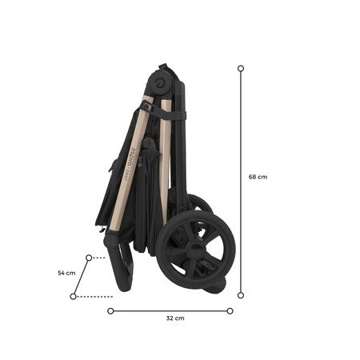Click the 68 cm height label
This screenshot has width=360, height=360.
click(258, 177)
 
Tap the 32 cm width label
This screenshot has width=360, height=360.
click(174, 318)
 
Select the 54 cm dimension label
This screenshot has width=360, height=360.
click(66, 273)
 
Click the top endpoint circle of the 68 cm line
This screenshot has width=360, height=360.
click(241, 69)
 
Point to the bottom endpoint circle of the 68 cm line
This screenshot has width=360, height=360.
click(241, 294)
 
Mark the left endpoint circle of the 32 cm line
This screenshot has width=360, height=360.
click(110, 310)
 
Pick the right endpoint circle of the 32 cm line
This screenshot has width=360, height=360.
click(230, 310)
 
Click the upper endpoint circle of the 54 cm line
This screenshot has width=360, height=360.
click(88, 258)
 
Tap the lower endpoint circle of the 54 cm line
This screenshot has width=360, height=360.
click(73, 297)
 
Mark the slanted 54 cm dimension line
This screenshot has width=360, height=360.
click(80, 278)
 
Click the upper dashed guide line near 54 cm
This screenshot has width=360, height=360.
click(99, 258)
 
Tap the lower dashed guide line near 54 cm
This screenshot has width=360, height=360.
click(96, 297)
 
